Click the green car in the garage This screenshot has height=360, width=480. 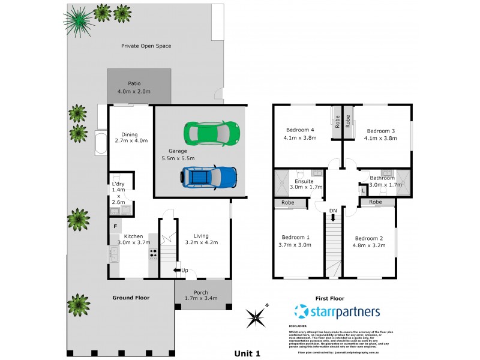[212, 131]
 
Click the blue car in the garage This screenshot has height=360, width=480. [209, 177]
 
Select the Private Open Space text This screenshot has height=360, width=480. [146, 46]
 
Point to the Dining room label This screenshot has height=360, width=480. [130, 134]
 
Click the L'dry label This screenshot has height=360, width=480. [118, 184]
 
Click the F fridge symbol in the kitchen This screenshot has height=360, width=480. [115, 226]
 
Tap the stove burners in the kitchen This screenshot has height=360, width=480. [153, 254]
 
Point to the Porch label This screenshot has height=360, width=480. [201, 293]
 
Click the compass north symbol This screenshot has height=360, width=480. [257, 317]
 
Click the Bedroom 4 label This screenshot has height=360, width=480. [300, 130]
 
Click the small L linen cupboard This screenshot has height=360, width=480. [362, 191]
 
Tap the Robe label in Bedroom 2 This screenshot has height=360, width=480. [376, 202]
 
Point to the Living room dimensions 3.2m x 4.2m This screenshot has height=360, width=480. [202, 242]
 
